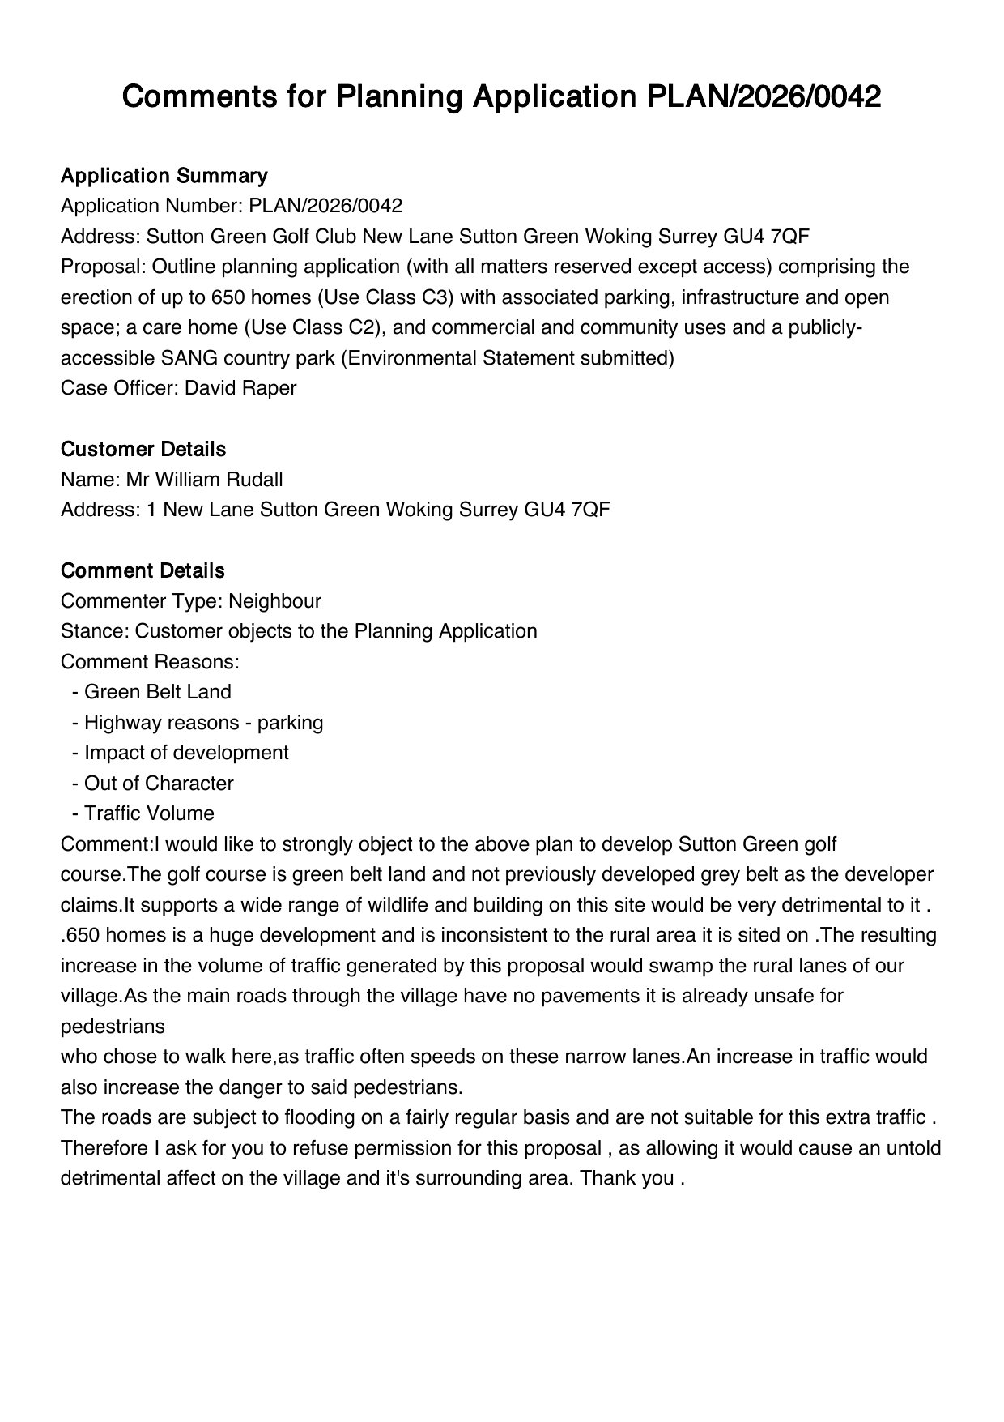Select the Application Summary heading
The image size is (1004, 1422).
[x=164, y=176]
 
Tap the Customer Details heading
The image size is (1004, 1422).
[x=143, y=449]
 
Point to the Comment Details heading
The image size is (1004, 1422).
[x=143, y=570]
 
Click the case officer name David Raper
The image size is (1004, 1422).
[x=240, y=388]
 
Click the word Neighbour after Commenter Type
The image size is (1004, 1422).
[x=274, y=601]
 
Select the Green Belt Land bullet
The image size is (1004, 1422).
[x=157, y=692]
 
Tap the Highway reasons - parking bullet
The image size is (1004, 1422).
[x=203, y=722]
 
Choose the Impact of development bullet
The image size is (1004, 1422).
[x=186, y=753]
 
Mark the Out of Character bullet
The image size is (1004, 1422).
[x=159, y=784]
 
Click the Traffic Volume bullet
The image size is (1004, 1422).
[x=149, y=813]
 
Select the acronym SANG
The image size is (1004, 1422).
[x=188, y=358]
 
